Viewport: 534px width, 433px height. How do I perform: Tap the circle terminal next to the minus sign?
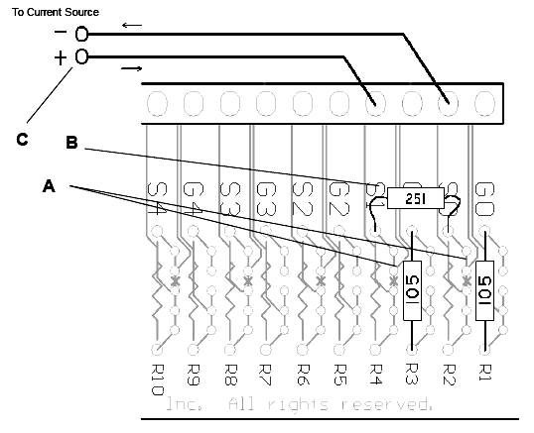click(x=81, y=33)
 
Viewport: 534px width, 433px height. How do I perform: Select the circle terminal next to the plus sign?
click(x=81, y=57)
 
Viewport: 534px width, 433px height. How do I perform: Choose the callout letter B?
click(x=71, y=143)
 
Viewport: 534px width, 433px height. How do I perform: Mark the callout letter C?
click(x=22, y=140)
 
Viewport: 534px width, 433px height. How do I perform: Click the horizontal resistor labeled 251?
click(x=409, y=199)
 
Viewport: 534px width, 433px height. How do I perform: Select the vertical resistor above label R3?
click(x=412, y=291)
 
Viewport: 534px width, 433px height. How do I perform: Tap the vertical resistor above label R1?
click(x=485, y=290)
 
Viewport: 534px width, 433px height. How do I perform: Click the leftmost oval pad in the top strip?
click(x=157, y=103)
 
